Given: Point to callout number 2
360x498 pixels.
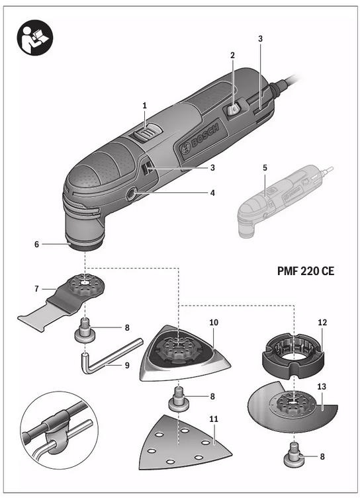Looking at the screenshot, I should tap(232, 56).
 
